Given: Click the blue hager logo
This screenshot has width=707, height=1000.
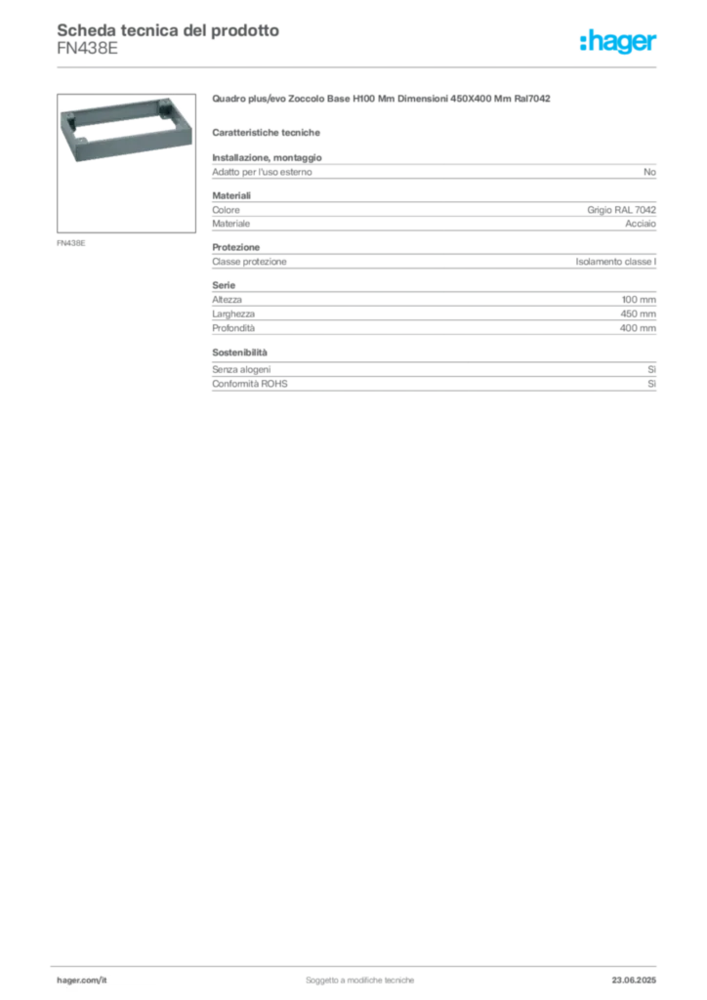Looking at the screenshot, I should pos(619,42).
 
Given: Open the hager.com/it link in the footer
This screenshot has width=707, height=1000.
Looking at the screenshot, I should pos(83,978).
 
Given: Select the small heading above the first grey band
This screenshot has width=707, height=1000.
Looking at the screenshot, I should pos(269,131).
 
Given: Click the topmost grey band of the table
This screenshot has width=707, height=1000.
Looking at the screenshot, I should pos(435,172).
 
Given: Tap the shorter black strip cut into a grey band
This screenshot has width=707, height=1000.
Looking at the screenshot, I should pos(430,262).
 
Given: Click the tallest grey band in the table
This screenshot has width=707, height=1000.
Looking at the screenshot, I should pos(435,312).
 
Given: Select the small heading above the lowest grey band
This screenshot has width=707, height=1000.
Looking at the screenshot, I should pos(241,350).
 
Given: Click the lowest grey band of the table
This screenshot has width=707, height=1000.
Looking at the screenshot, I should pos(435,386).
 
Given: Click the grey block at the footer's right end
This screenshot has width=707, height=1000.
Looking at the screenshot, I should pos(641,978).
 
